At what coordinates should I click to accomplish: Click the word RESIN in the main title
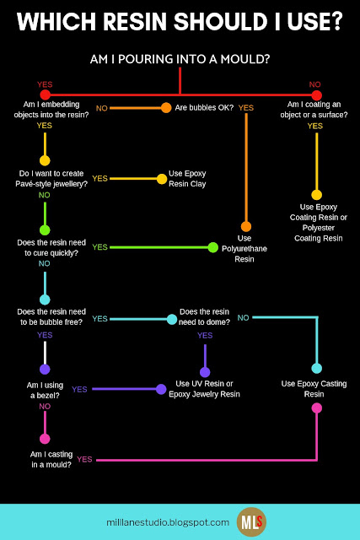pos(135,21)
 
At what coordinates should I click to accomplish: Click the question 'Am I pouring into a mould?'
pos(180,59)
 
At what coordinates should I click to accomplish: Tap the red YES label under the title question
pos(45,84)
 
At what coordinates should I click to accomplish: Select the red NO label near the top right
pos(314,84)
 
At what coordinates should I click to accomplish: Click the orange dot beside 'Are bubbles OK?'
pos(166,108)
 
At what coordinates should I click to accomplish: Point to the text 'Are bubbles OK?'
pos(204,108)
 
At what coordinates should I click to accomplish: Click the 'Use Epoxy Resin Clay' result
pos(187,179)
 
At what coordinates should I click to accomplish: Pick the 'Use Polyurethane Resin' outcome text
pos(244,249)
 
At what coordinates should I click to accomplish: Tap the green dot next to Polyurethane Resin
pos(213,247)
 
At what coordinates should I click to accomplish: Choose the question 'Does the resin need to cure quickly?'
pos(51,247)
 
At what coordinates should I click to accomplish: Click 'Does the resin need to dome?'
pos(204,317)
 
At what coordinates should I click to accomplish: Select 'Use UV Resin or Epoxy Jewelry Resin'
pos(204,389)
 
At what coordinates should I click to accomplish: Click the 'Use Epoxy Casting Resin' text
pos(314,389)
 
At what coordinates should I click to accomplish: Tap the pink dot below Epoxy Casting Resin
pos(317,408)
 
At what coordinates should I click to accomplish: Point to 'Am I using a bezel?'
pos(45,390)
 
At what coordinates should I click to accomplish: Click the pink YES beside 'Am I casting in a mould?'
pos(84,459)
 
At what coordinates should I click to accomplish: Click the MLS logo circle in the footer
pos(251,522)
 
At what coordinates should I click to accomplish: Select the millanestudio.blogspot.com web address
pos(168,522)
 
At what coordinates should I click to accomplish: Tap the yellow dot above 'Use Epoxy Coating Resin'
pos(317,195)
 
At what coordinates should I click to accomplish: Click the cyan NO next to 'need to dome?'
pos(243,318)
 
